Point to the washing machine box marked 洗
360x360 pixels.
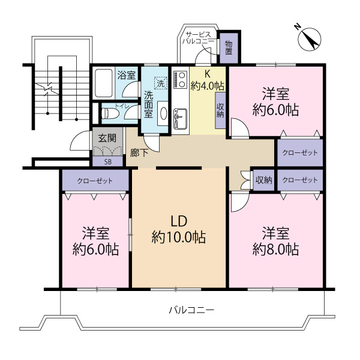[160, 83]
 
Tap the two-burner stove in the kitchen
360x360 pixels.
[180, 80]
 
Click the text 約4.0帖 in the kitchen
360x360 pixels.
[208, 86]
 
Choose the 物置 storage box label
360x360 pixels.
[229, 48]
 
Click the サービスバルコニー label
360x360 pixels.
[198, 38]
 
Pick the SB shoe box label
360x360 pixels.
[108, 161]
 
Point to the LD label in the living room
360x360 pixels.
[178, 221]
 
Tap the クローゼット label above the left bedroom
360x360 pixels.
[95, 180]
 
